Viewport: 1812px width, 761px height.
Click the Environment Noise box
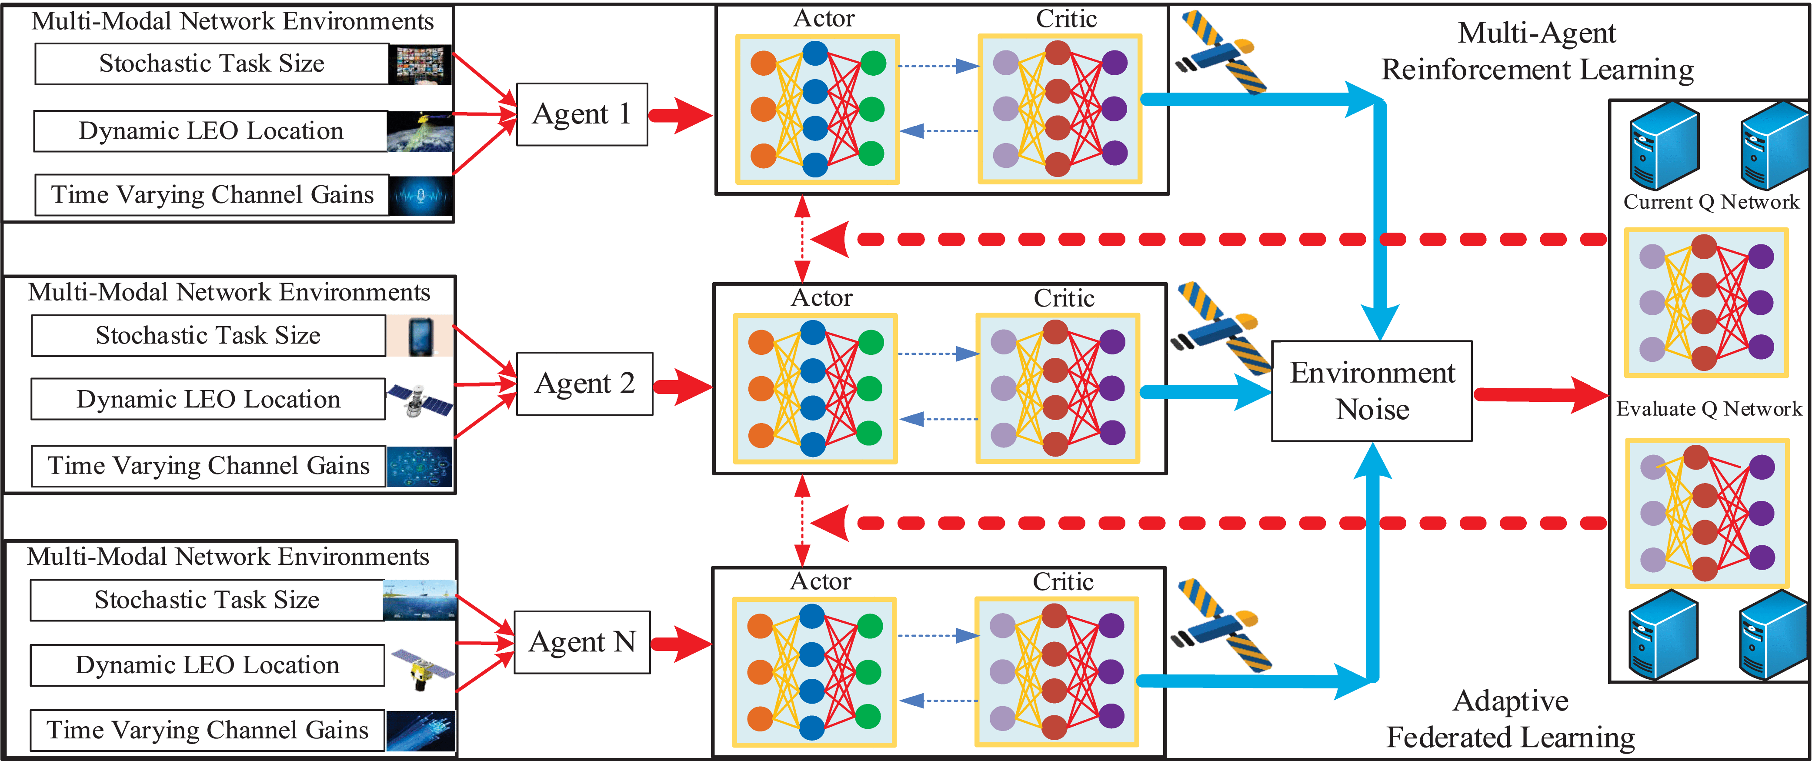[x=1372, y=391]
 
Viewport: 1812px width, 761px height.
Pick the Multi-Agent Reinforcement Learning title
[x=1537, y=51]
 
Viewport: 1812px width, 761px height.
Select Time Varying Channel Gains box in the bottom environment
[x=207, y=730]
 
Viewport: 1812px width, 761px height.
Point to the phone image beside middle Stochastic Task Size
[x=420, y=335]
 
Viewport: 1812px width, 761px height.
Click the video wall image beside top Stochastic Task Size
[x=420, y=65]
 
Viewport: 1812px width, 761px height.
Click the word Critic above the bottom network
[x=1063, y=582]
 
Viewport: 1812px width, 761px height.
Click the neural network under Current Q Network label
[x=1706, y=302]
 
